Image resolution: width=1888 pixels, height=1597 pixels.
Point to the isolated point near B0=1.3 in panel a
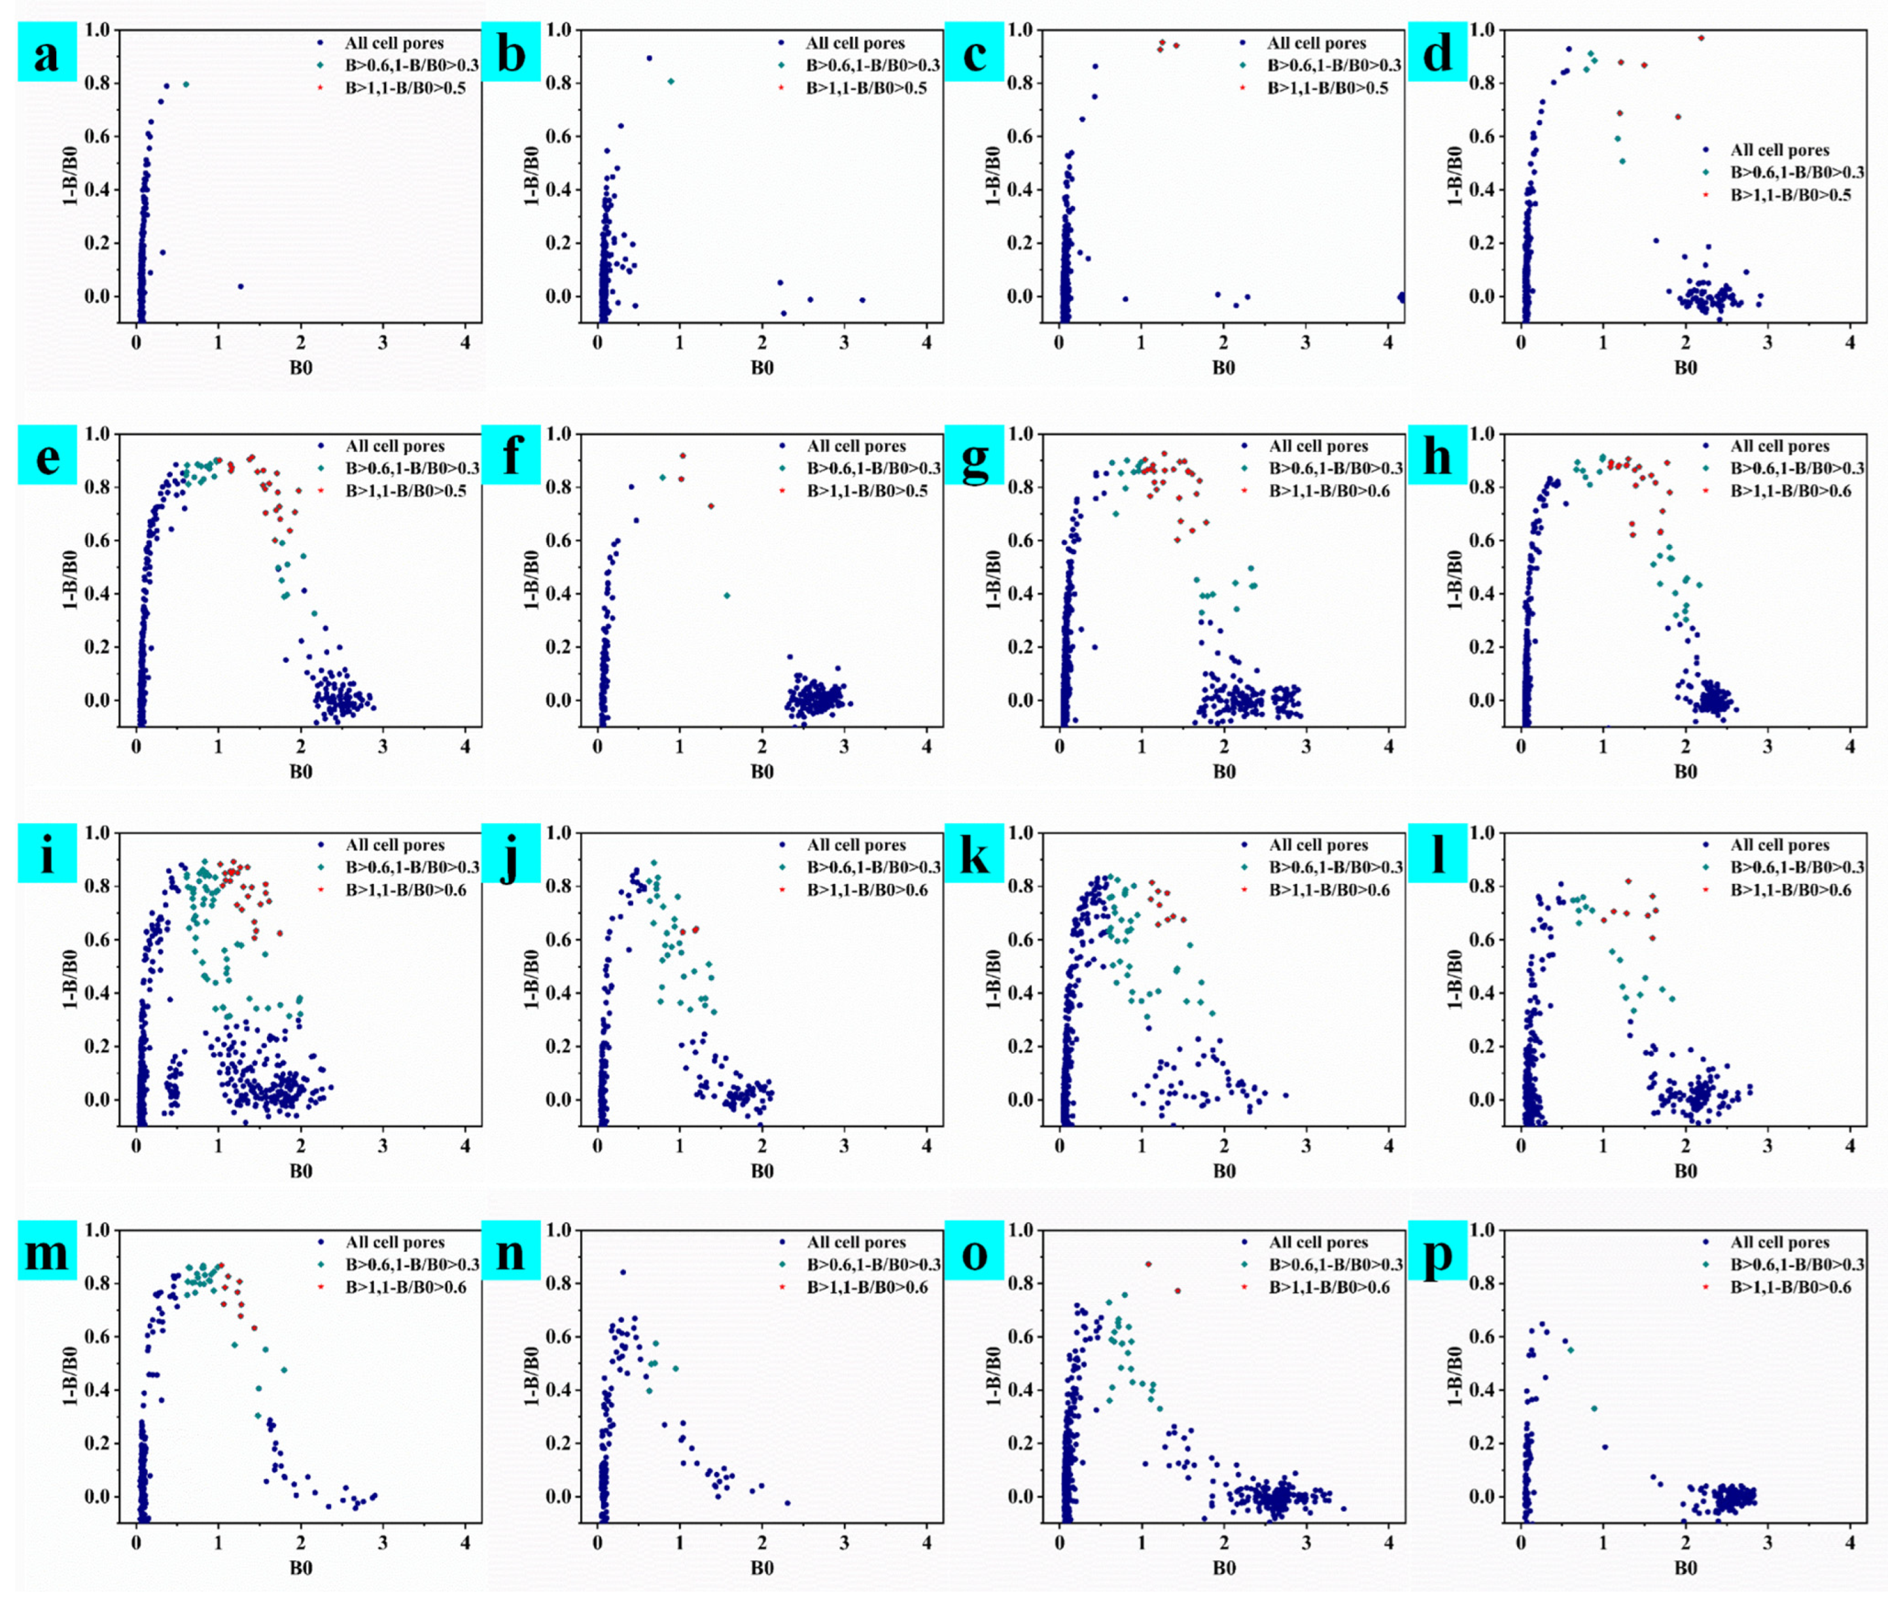[241, 286]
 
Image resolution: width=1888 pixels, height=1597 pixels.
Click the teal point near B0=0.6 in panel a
[186, 84]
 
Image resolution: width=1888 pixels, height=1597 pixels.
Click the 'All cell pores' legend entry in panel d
[1779, 150]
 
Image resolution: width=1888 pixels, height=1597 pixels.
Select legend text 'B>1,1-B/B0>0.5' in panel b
[866, 88]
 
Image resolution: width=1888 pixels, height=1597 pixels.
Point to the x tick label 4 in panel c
[1388, 343]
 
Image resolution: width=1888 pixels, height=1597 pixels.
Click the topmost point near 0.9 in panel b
[649, 58]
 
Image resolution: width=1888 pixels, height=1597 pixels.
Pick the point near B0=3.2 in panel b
[862, 300]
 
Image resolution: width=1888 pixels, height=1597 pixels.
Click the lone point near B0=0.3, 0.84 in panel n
[623, 1272]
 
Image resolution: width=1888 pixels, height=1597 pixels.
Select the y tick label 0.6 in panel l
[1482, 939]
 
